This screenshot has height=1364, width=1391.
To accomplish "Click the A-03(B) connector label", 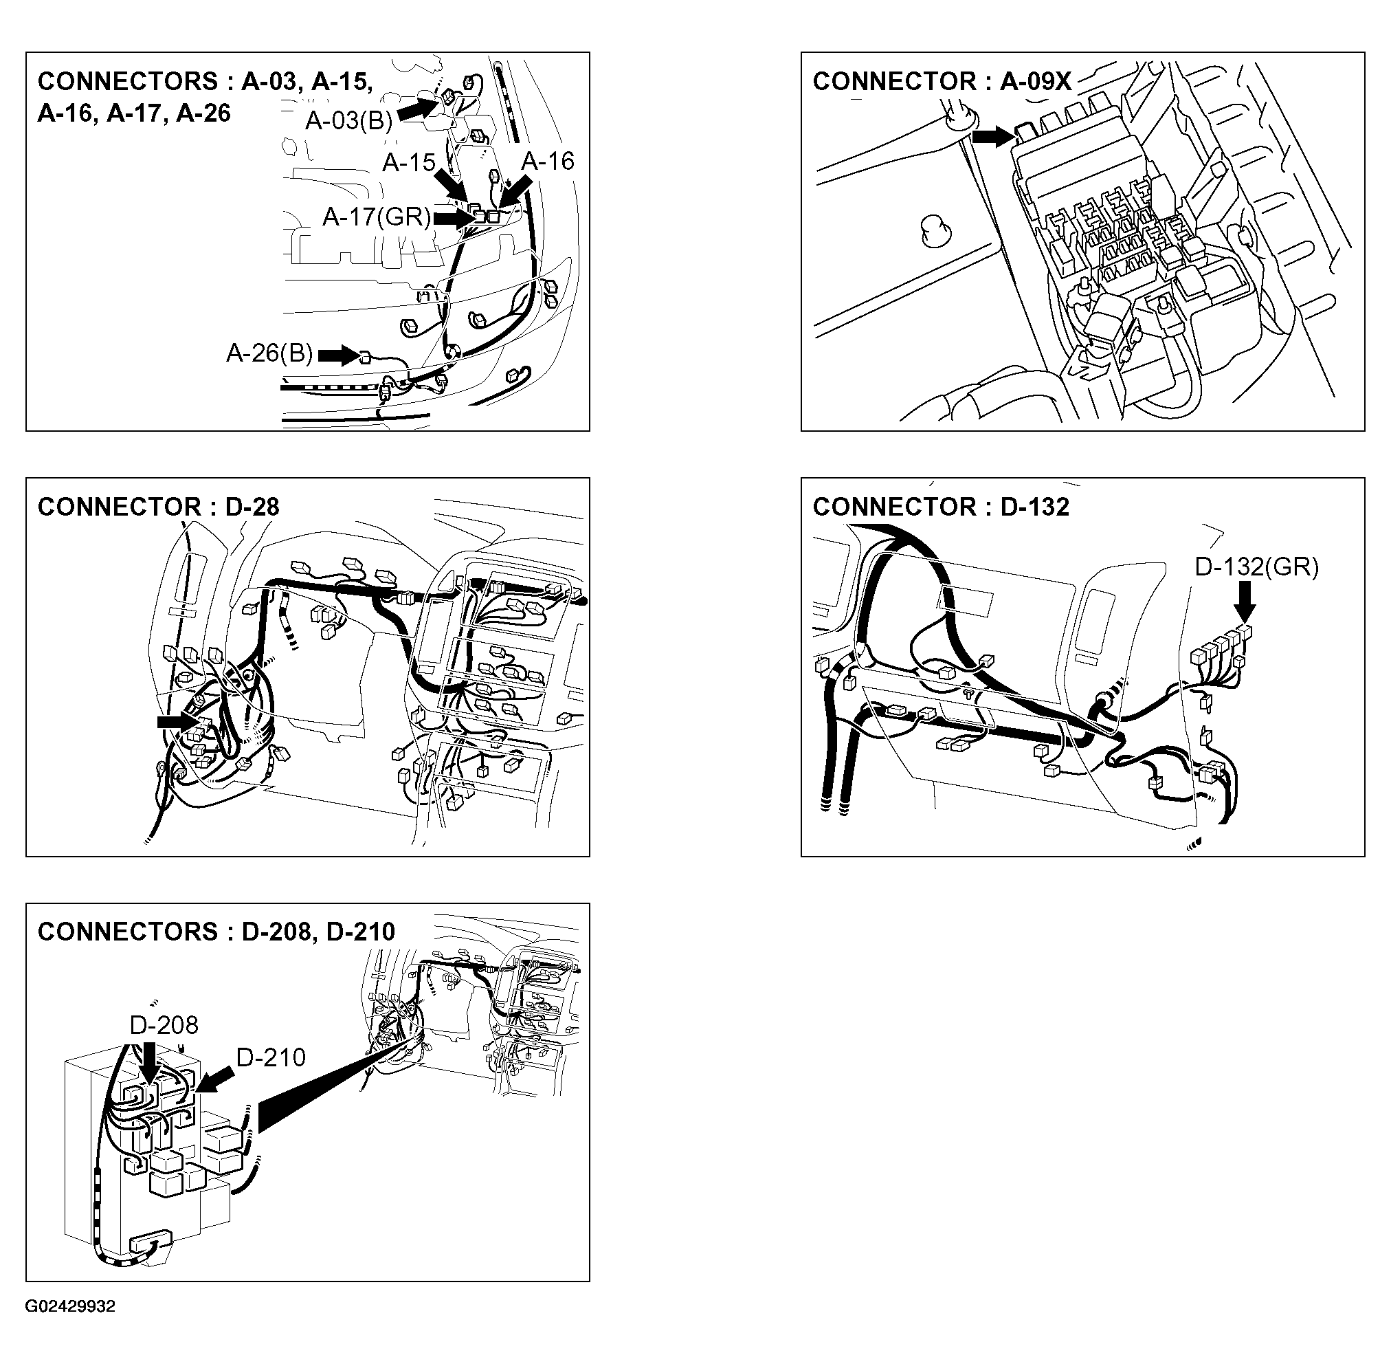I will point(349,121).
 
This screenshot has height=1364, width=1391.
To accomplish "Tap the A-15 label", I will point(408,163).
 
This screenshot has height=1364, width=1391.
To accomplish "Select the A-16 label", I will point(547,161).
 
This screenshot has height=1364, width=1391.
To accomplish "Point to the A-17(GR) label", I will point(377,217).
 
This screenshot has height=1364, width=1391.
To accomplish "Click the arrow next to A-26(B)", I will point(337,355).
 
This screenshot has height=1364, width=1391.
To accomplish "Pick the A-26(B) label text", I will point(269,353).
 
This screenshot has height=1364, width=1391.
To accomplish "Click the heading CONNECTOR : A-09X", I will point(941,82).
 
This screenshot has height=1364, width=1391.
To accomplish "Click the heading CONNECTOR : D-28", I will point(158,507).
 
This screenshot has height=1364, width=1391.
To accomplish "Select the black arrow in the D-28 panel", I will point(176,722).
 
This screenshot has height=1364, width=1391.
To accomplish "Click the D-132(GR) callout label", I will point(1256,567).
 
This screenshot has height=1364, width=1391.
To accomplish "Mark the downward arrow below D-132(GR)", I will point(1245,601).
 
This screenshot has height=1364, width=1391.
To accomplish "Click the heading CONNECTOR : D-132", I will point(940,507).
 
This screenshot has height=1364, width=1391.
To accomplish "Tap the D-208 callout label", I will point(164,1025).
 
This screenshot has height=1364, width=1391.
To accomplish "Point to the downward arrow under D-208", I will point(150,1062).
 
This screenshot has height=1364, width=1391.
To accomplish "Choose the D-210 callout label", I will point(271,1057).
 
